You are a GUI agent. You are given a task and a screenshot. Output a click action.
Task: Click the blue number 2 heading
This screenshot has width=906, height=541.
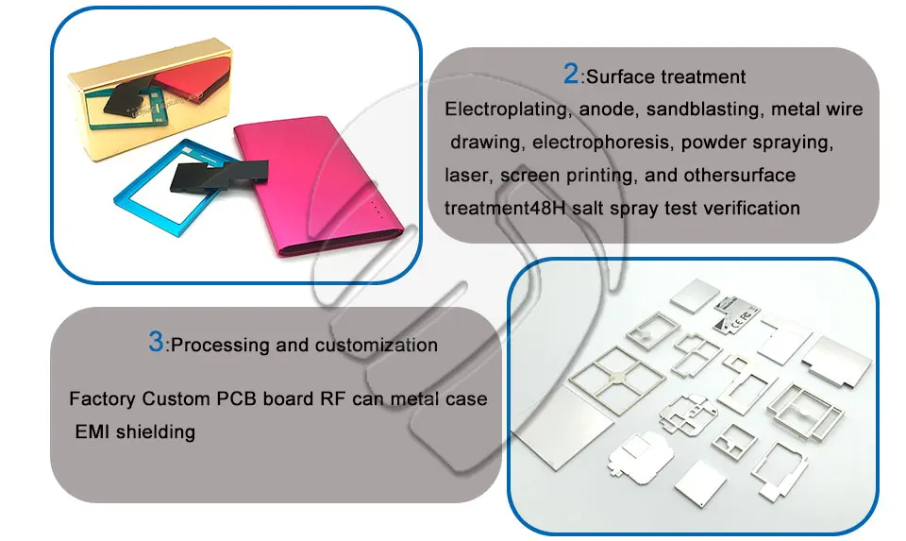coord(571,74)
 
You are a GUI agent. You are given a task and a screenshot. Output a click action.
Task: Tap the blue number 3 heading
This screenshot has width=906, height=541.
coord(156,342)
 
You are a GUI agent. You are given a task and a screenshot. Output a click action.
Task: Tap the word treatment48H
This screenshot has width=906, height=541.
coord(504,208)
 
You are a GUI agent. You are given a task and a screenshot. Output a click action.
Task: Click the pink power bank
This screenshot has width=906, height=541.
coord(318,185)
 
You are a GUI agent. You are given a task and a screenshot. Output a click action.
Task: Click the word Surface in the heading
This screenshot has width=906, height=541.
coord(620,76)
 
